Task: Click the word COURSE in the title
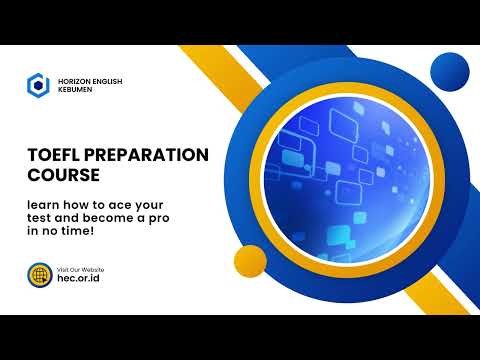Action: pyautogui.click(x=64, y=174)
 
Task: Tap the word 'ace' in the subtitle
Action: pyautogui.click(x=144, y=203)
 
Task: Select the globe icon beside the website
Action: pyautogui.click(x=39, y=275)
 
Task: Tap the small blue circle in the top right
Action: pyautogui.click(x=448, y=70)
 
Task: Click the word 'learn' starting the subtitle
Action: pyautogui.click(x=46, y=203)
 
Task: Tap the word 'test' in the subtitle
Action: pyautogui.click(x=42, y=217)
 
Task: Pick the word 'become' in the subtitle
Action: pyautogui.click(x=127, y=217)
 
